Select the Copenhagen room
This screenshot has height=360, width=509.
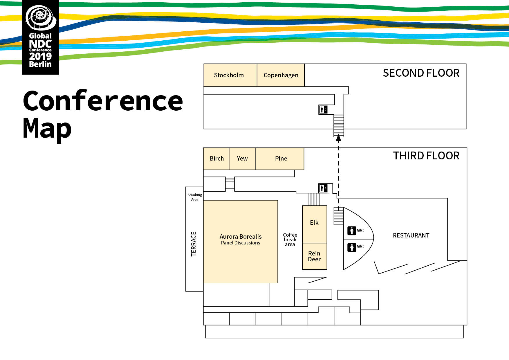(x=281, y=75)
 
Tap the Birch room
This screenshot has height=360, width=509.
(x=216, y=159)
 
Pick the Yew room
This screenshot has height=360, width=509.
(x=242, y=159)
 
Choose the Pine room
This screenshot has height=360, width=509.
(x=281, y=159)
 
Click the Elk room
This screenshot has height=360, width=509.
(x=314, y=223)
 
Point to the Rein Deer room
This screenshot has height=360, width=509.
(x=314, y=256)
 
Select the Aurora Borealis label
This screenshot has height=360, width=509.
(x=241, y=237)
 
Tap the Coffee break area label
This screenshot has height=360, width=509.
(x=290, y=240)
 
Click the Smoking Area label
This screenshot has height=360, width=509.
(x=195, y=197)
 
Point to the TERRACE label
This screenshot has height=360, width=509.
(x=194, y=244)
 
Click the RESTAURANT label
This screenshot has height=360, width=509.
(x=411, y=235)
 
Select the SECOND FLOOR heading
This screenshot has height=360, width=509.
(x=421, y=73)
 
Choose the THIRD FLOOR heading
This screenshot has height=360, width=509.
(x=426, y=156)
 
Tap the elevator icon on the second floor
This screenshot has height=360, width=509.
(x=323, y=109)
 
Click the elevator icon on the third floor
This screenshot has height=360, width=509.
(x=323, y=188)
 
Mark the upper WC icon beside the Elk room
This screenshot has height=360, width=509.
(x=352, y=231)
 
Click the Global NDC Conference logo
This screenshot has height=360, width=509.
(x=40, y=37)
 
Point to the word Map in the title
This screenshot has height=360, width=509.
(x=47, y=129)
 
